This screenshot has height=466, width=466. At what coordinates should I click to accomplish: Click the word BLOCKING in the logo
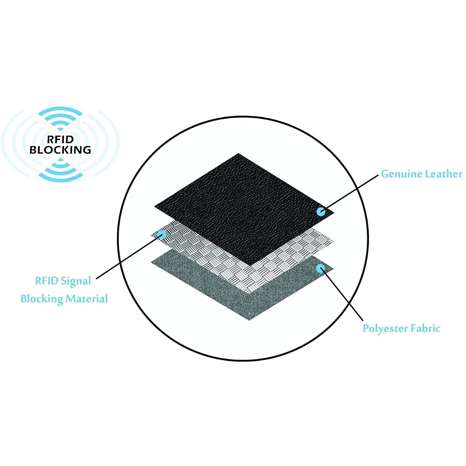[x=60, y=150]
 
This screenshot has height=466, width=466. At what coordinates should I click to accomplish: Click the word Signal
[x=76, y=281]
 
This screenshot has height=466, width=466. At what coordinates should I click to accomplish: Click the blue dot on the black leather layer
[x=321, y=212]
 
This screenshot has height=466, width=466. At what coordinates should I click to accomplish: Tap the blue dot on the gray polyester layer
[x=320, y=268]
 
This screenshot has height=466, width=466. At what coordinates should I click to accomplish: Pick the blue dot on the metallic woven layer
[x=162, y=234]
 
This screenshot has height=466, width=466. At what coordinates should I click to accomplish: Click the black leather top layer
[x=244, y=209]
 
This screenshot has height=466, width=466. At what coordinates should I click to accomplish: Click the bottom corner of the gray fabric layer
[x=249, y=320]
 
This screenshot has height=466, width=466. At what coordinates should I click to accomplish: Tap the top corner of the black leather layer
[x=238, y=153]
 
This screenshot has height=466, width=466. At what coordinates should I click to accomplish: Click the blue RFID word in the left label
[x=47, y=281]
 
